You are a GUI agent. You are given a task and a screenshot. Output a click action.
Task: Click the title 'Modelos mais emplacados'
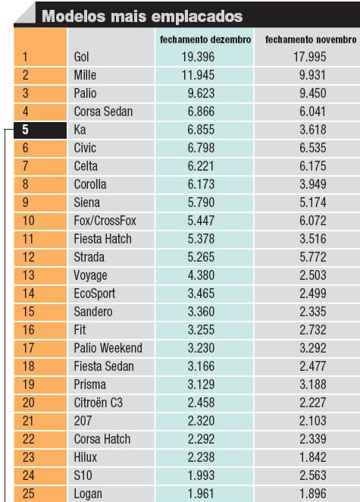pyautogui.click(x=142, y=16)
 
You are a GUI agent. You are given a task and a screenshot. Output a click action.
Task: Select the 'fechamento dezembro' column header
pyautogui.click(x=205, y=39)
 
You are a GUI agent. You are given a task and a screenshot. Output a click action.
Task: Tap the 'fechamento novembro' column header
pyautogui.click(x=311, y=39)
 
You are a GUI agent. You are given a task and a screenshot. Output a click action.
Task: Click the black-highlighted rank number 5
pyautogui.click(x=25, y=130)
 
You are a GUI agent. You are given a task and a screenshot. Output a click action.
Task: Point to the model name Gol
pyautogui.click(x=81, y=57)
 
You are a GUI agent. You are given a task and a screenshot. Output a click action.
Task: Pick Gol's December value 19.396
pyautogui.click(x=198, y=57)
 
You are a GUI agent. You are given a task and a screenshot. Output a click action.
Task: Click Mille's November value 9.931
pyautogui.click(x=313, y=75)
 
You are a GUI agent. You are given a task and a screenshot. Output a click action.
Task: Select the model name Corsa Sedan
pyautogui.click(x=103, y=111)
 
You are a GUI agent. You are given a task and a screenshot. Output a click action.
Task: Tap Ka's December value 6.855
pyautogui.click(x=201, y=130)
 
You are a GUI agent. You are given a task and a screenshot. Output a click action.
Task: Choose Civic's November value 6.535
pyautogui.click(x=313, y=148)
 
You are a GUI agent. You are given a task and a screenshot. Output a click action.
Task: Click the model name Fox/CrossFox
pyautogui.click(x=105, y=221)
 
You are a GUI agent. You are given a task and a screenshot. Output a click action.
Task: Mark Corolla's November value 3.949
pyautogui.click(x=313, y=184)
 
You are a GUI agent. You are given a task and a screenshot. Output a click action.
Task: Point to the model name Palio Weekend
pyautogui.click(x=108, y=348)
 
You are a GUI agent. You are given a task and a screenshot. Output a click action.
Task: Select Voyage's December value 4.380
pyautogui.click(x=201, y=275)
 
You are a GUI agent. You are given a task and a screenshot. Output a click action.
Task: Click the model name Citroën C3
pyautogui.click(x=99, y=403)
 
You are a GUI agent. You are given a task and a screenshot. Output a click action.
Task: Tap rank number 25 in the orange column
pyautogui.click(x=28, y=494)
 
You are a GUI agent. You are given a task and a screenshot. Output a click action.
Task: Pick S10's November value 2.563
pyautogui.click(x=313, y=475)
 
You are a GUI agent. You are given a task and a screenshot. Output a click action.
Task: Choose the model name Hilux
pyautogui.click(x=85, y=457)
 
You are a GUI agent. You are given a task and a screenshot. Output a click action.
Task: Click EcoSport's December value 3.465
pyautogui.click(x=201, y=293)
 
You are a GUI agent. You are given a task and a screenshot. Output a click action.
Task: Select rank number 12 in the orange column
pyautogui.click(x=28, y=257)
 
